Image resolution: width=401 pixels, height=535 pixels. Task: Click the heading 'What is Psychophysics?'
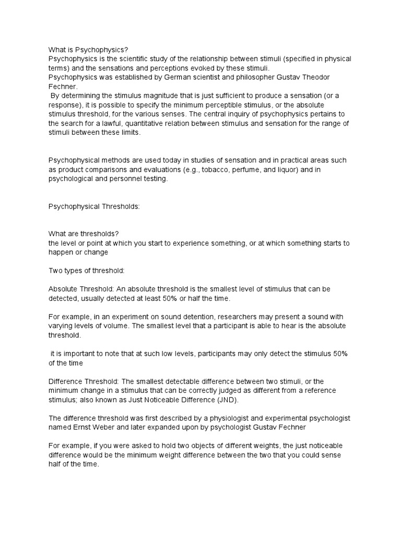click(x=88, y=50)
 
